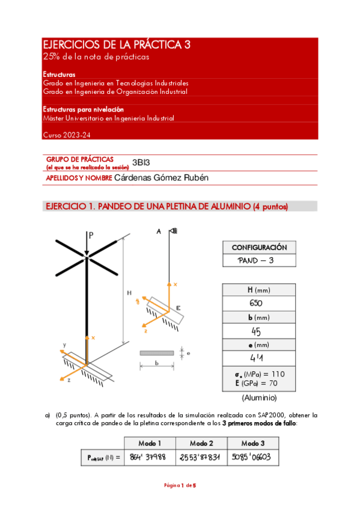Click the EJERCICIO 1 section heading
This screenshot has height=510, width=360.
coord(166,206)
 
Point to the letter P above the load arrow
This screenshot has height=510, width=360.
coord(91,235)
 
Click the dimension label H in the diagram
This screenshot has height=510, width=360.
coord(129,293)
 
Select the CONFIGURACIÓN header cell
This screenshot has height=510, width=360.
coord(259,247)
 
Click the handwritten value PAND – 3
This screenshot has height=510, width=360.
coord(256,260)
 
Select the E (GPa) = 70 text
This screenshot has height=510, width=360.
coord(259,382)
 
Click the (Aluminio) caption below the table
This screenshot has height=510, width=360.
coord(259,398)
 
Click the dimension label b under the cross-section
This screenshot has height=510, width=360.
coord(156,364)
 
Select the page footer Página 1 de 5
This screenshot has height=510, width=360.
coord(180,485)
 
